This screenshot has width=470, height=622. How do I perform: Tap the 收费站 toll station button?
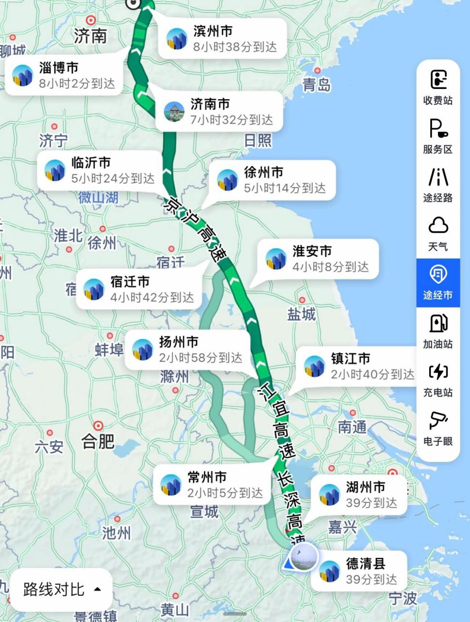click(438, 87)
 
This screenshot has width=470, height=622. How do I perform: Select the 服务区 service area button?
click(438, 136)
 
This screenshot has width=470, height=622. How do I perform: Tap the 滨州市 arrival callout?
click(222, 39)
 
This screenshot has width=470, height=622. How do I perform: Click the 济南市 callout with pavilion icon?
click(219, 112)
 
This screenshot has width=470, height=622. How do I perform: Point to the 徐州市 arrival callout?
click(272, 180)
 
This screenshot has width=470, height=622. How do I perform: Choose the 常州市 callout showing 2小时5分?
click(214, 485)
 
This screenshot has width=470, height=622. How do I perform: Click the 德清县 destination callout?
click(359, 571)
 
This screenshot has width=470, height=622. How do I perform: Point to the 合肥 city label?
click(98, 441)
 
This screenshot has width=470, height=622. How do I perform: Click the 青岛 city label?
click(316, 85)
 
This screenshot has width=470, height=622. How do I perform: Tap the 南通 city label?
click(352, 427)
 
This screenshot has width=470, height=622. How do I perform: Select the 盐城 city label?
click(301, 314)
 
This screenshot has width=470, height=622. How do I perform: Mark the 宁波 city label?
click(403, 598)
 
